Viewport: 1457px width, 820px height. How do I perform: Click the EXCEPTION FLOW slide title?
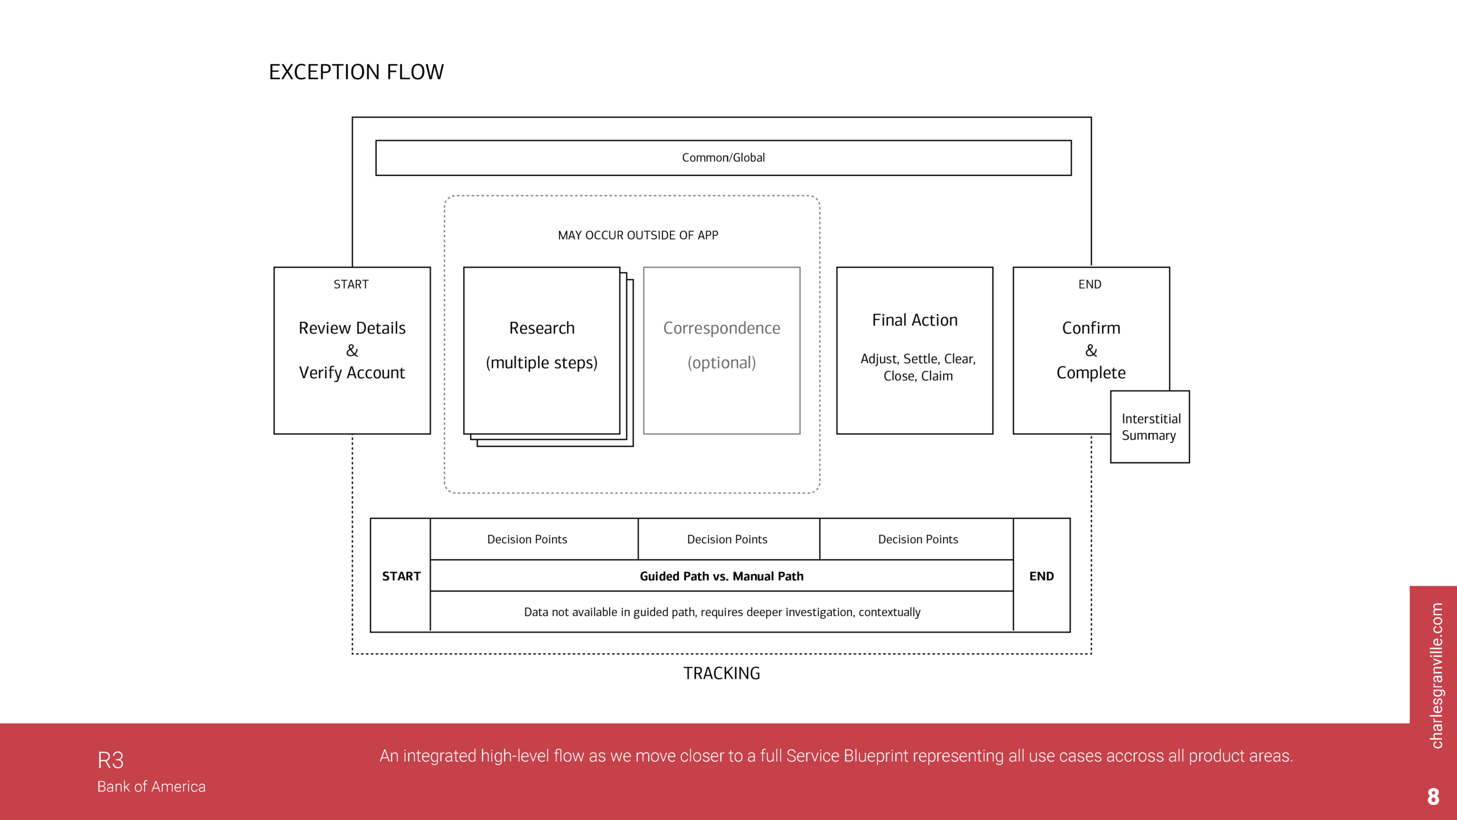[x=356, y=72]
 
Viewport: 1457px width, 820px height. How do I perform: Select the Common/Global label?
[x=723, y=158]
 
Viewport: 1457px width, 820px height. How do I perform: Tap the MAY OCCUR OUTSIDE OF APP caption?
[x=637, y=235]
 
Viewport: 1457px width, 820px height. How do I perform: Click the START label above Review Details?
[x=351, y=284]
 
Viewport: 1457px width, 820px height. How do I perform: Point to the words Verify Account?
[x=352, y=373]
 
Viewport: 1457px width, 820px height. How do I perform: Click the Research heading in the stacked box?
[x=542, y=328]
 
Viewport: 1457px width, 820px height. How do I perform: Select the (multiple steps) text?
[x=542, y=363]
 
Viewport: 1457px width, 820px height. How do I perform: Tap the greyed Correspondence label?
[x=721, y=328]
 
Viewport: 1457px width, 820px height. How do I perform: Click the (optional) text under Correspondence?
[x=721, y=363]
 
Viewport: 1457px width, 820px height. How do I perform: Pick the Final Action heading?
[x=915, y=320]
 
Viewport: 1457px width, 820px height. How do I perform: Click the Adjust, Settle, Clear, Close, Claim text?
[x=917, y=367]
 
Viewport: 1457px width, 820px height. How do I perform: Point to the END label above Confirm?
[x=1089, y=284]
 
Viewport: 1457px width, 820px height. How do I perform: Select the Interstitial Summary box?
[x=1150, y=427]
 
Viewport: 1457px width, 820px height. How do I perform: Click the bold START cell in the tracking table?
[x=401, y=576]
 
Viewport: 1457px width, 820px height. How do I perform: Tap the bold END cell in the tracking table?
[x=1042, y=576]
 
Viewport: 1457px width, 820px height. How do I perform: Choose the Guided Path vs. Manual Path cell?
[x=721, y=576]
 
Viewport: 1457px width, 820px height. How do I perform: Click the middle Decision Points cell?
[x=727, y=539]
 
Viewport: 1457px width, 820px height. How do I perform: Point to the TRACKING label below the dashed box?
[x=721, y=674]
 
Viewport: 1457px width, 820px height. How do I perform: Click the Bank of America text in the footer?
[x=151, y=786]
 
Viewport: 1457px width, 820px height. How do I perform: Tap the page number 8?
[x=1433, y=797]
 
